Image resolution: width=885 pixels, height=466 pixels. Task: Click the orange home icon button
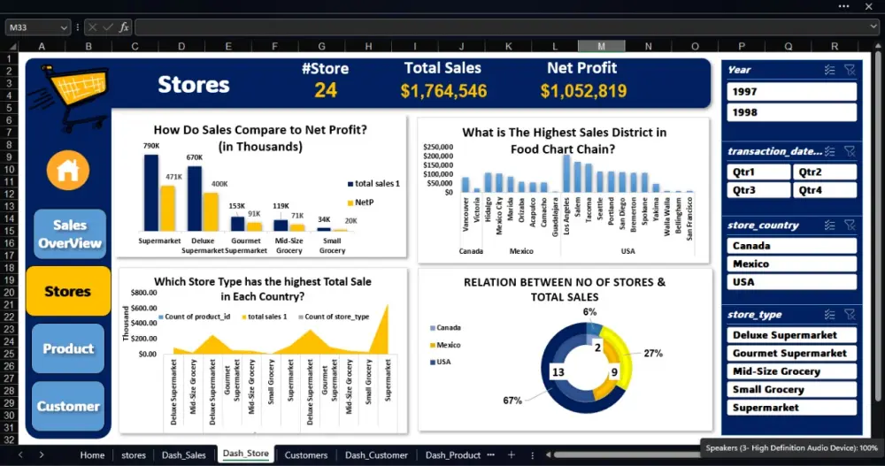pos(67,171)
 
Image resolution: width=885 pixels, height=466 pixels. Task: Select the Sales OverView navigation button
pos(69,234)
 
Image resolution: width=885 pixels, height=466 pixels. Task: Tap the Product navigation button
pos(68,348)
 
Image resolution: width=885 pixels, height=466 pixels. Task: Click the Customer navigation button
pos(68,407)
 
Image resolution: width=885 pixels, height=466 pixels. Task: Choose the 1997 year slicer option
pos(791,92)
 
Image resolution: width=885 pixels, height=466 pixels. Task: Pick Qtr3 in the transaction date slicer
pos(758,190)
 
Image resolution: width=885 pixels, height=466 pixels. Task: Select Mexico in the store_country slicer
pos(791,264)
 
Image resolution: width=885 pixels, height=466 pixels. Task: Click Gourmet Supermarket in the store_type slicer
pos(791,353)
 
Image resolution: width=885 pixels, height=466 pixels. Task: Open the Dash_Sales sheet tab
pos(183,455)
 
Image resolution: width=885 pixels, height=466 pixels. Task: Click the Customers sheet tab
pos(305,455)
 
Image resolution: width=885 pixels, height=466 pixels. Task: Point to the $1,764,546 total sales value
pos(443,91)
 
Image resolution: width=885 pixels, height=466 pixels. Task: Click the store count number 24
pos(326,90)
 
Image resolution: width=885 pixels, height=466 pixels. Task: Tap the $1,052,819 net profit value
pos(583,91)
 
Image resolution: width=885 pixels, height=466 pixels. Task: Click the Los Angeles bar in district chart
pos(566,173)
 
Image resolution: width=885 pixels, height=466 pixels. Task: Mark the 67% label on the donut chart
pos(512,401)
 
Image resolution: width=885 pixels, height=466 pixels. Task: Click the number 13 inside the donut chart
pos(558,372)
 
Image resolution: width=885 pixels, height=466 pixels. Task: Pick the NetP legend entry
pos(365,202)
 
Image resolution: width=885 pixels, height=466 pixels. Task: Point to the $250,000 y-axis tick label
pos(437,147)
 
